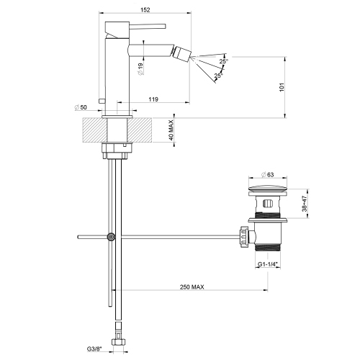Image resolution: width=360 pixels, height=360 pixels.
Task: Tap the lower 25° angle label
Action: (219, 74)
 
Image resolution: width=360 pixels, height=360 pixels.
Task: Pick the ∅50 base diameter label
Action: (81, 107)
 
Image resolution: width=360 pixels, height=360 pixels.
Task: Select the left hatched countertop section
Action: (91, 130)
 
